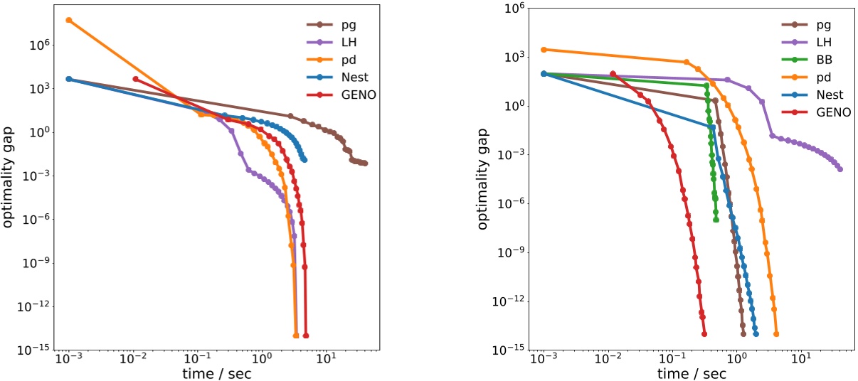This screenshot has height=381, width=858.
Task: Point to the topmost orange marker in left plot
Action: [x=69, y=20]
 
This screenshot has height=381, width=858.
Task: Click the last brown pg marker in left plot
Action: [x=364, y=163]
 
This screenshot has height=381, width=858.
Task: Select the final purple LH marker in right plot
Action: [x=840, y=169]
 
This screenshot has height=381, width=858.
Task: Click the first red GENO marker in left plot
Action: [x=136, y=79]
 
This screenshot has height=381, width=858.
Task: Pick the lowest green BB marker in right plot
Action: [x=716, y=220]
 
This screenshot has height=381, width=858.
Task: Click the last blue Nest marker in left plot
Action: [x=304, y=160]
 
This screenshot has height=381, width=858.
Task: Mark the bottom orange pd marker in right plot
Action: [x=776, y=333]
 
